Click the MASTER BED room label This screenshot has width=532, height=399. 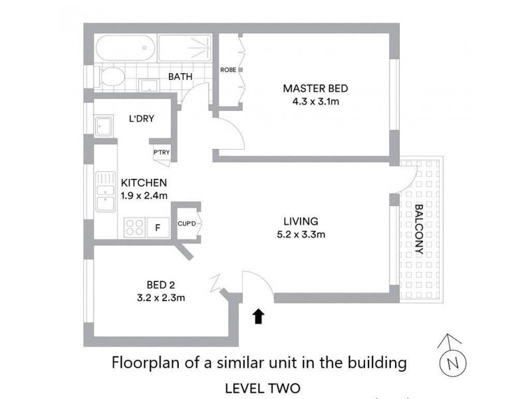[315, 88]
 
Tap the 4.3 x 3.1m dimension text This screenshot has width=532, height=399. [315, 102]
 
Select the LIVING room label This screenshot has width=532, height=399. [301, 221]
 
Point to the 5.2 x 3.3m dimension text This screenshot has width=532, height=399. [301, 234]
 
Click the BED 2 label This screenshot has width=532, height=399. [158, 285]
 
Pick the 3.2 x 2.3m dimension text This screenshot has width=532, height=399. [158, 298]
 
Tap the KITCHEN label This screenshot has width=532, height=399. [143, 182]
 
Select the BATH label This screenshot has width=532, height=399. [180, 77]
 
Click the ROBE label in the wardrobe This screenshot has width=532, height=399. [227, 69]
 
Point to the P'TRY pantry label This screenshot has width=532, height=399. [162, 152]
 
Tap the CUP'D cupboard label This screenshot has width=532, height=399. [187, 223]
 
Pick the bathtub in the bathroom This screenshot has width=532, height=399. [125, 48]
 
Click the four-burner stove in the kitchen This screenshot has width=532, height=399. [134, 227]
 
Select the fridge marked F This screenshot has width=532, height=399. [158, 227]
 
